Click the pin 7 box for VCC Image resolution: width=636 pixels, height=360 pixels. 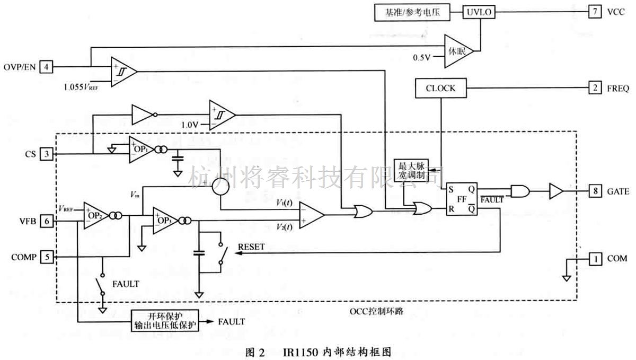point(594,11)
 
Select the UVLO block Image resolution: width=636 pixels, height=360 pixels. point(480,11)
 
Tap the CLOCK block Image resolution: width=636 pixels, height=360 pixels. point(440,88)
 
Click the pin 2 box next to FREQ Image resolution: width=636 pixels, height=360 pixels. point(594,87)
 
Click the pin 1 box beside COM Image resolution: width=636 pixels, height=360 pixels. point(594,258)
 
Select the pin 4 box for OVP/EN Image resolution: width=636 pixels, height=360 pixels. point(47,67)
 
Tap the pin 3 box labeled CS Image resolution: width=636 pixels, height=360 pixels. point(47,154)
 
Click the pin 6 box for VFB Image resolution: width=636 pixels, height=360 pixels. point(47,222)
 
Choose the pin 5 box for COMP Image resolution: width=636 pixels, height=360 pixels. point(47,257)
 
